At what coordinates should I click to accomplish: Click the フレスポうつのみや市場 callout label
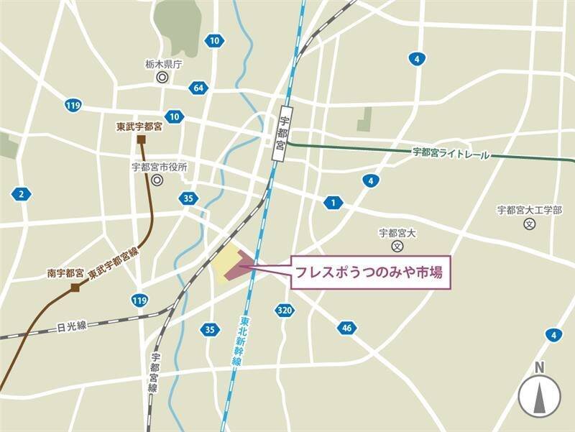[x=371, y=273]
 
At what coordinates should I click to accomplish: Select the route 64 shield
[x=198, y=88]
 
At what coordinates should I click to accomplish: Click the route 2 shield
[x=22, y=194]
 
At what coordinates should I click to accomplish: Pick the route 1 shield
[x=332, y=203]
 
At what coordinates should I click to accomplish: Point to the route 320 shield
[x=284, y=310]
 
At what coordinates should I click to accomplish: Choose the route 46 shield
[x=346, y=328]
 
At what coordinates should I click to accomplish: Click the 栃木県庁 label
[x=163, y=64]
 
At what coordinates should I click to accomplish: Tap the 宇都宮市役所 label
[x=159, y=167]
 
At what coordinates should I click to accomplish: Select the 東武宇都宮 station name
[x=140, y=125]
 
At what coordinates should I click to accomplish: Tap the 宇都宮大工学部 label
[x=530, y=210]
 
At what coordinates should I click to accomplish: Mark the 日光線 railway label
[x=71, y=326]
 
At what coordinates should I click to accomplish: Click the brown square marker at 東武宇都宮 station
[x=142, y=139]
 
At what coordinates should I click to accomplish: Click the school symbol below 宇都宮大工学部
[x=530, y=224]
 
